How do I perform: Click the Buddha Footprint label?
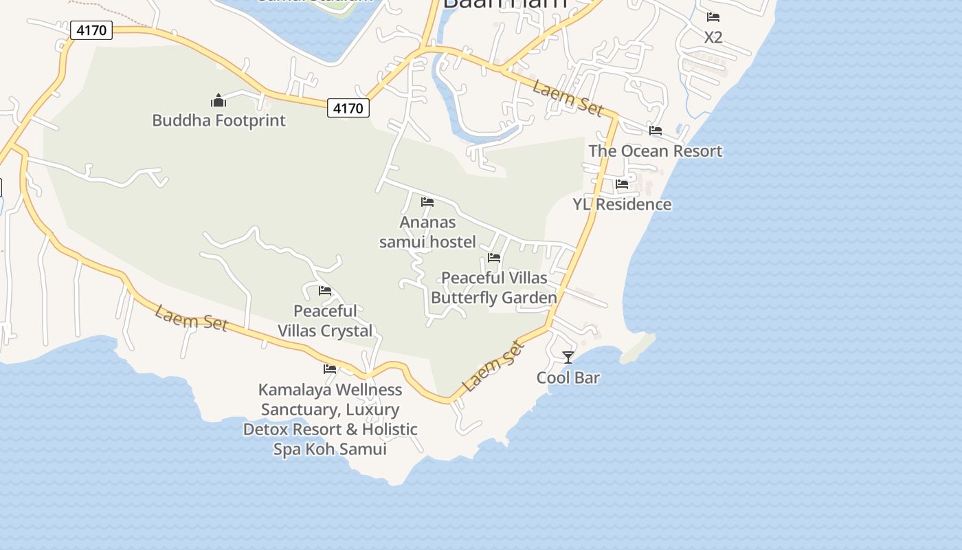coord(219,120)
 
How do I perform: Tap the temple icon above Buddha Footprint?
coord(219,100)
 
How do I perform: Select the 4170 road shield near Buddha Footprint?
coord(348,108)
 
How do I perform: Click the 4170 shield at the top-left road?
coord(91,30)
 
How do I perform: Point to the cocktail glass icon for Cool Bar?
coord(568,357)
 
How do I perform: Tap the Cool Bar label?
coord(568,377)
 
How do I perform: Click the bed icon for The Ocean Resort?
coord(656,131)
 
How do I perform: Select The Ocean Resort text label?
coord(656,151)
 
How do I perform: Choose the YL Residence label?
coord(622,204)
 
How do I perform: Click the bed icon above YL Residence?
coord(622,184)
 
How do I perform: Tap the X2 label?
coord(713,37)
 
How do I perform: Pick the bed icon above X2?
coord(713,17)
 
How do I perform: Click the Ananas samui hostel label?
coord(427,232)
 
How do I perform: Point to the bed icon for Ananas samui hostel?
coord(427,202)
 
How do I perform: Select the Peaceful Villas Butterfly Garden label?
coord(494,287)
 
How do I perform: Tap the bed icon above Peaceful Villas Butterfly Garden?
coord(494,258)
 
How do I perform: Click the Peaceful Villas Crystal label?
coord(325,320)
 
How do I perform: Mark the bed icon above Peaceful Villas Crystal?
coord(325,291)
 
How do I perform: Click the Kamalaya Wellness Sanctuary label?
coord(330,419)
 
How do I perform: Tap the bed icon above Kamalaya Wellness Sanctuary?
coord(330,369)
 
